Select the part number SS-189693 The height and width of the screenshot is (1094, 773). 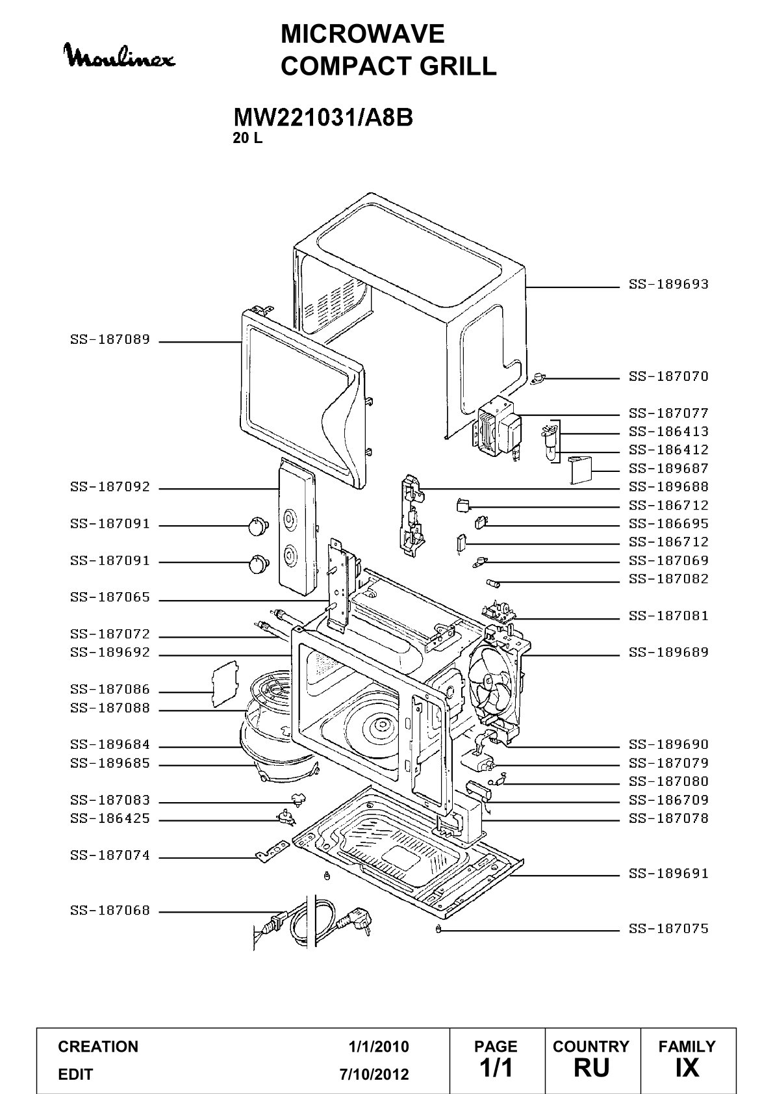tap(668, 284)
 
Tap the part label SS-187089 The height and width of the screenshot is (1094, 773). tap(110, 339)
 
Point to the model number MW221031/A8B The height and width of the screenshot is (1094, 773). tap(323, 118)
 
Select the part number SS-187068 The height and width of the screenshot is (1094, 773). tap(110, 911)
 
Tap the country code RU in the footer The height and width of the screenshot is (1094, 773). tap(592, 1067)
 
